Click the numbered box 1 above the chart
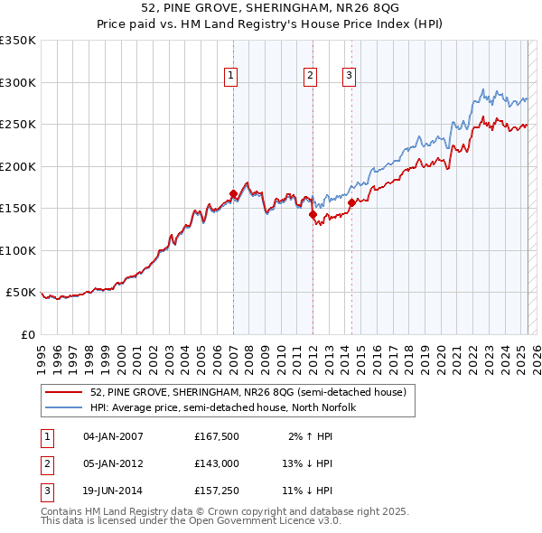(x=232, y=77)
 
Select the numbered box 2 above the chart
(x=310, y=77)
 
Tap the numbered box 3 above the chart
(x=349, y=77)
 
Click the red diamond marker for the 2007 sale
(x=233, y=193)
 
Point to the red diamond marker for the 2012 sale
(x=313, y=214)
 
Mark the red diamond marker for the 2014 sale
(x=351, y=202)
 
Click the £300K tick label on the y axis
(x=17, y=82)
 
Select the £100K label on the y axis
(x=17, y=250)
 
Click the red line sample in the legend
(x=63, y=392)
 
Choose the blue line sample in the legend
(x=63, y=407)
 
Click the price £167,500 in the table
(x=217, y=436)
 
